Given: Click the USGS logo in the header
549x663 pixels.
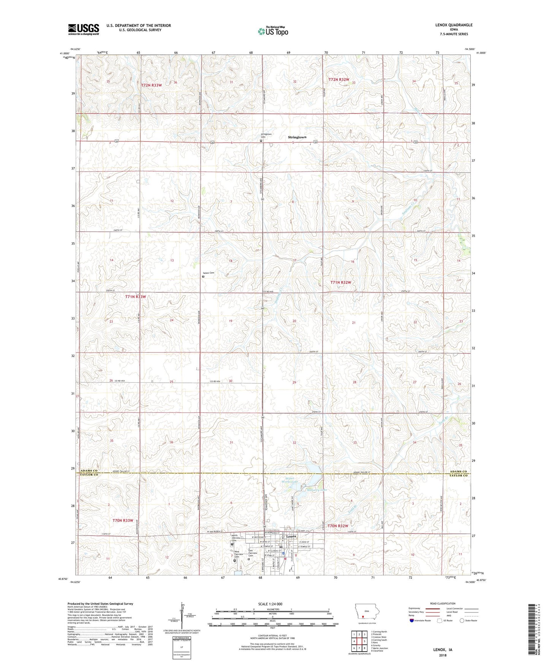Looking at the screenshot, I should [x=84, y=29].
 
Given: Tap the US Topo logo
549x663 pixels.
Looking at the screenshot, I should [x=272, y=32].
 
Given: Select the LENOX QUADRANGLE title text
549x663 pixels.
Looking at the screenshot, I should [x=454, y=25].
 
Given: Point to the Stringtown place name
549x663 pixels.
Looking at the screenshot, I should [x=297, y=137].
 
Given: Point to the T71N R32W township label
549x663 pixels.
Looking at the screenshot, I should [x=340, y=283].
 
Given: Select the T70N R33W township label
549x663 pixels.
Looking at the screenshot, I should [x=123, y=520].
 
